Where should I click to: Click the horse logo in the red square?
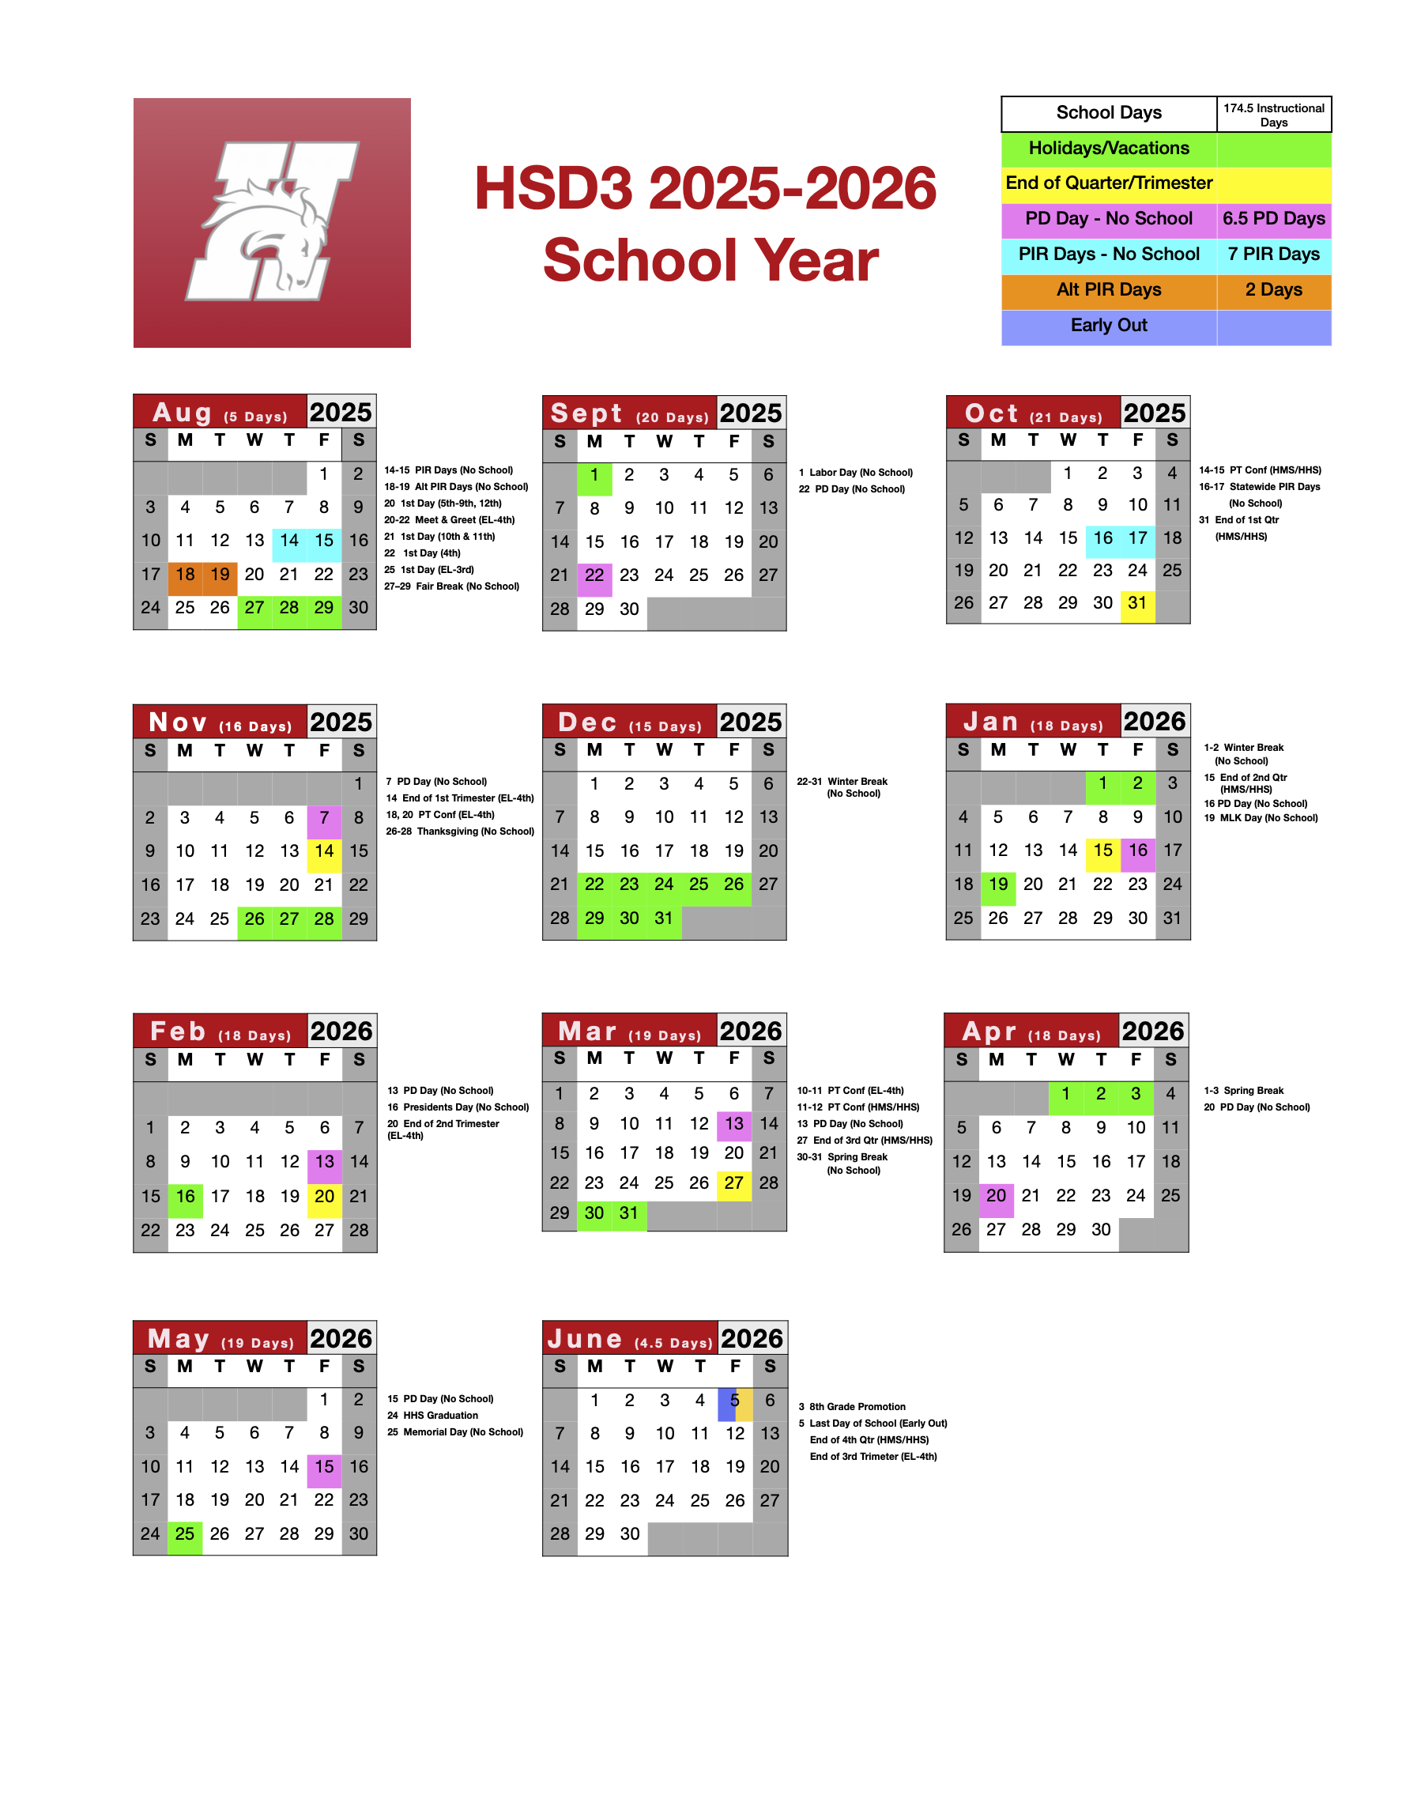click(272, 222)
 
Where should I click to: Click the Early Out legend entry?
click(1108, 326)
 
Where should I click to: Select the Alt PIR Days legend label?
click(1108, 290)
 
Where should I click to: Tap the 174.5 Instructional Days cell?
click(1272, 115)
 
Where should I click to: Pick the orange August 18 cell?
click(185, 575)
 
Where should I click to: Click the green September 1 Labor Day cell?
click(594, 475)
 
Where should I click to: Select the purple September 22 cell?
click(594, 575)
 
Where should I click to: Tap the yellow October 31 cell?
click(1137, 604)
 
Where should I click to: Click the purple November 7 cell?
click(324, 818)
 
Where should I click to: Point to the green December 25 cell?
click(699, 884)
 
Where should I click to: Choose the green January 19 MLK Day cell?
click(998, 884)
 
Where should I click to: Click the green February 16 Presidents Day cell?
click(185, 1197)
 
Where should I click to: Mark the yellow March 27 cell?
click(733, 1182)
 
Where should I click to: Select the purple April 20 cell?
click(997, 1196)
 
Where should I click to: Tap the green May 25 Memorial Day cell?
click(185, 1534)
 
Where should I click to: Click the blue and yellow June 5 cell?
click(735, 1401)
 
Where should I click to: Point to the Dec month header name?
click(587, 722)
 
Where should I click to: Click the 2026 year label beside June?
click(752, 1338)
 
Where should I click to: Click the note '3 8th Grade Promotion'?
click(852, 1406)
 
